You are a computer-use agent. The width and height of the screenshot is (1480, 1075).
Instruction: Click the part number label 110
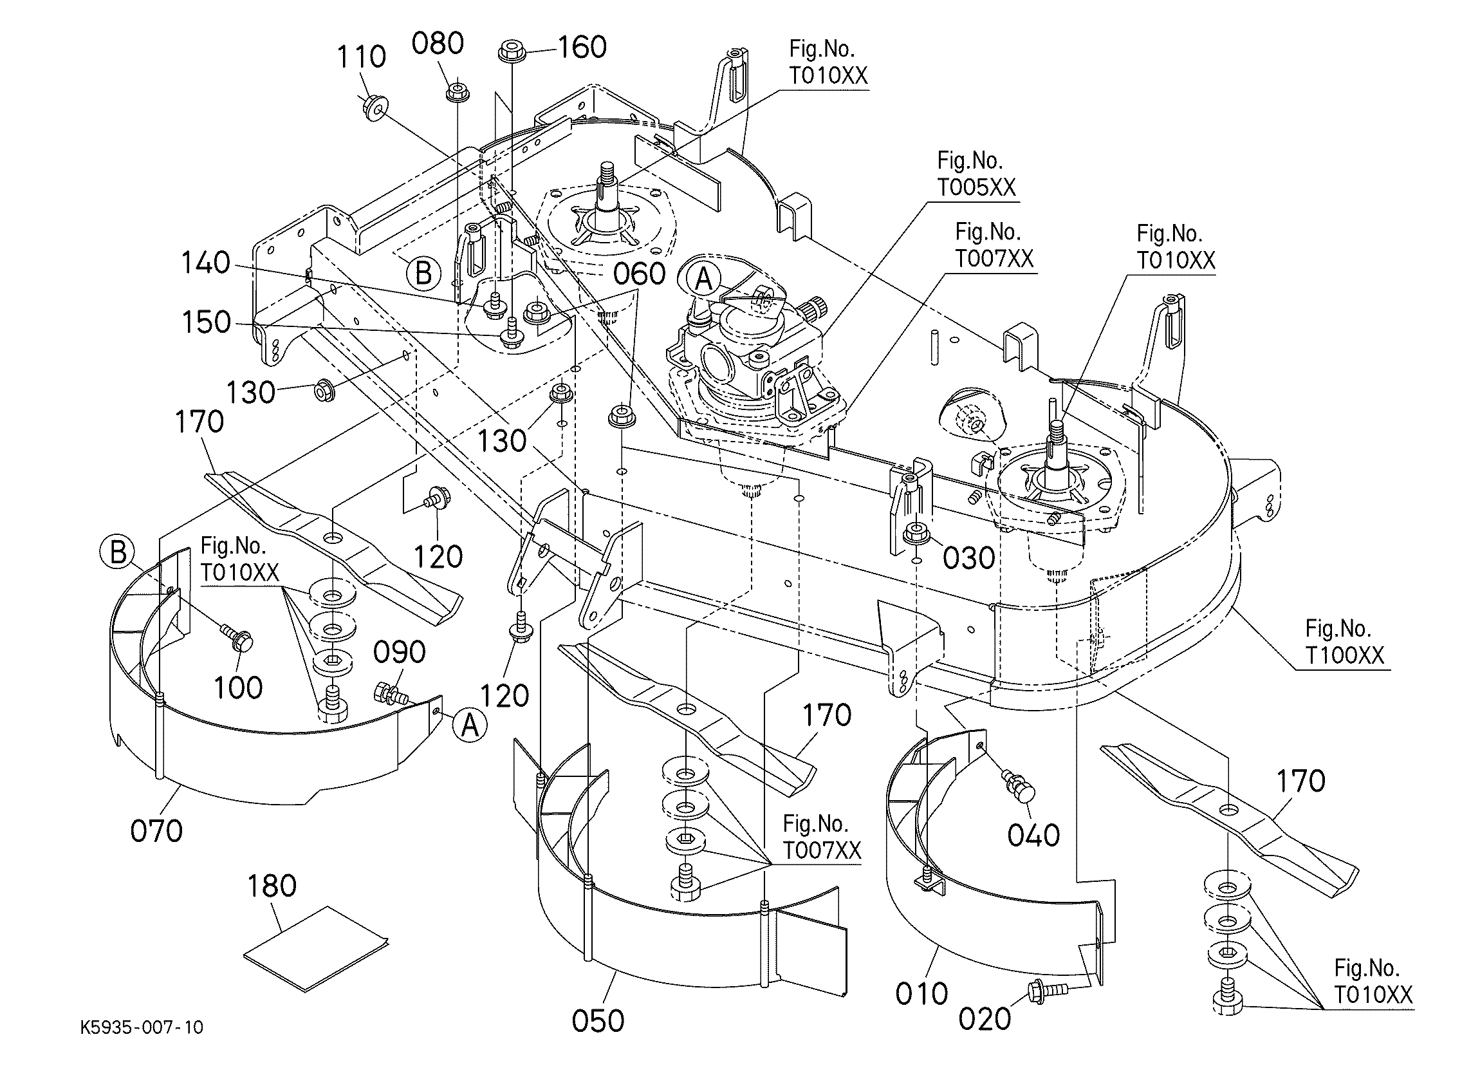click(362, 57)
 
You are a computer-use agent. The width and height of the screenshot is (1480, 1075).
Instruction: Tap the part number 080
click(438, 44)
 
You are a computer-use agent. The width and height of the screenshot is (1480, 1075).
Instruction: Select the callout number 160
click(582, 47)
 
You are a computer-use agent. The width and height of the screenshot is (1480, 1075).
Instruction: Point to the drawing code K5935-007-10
click(142, 1027)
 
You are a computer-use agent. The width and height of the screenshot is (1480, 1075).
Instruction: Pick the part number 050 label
click(598, 1022)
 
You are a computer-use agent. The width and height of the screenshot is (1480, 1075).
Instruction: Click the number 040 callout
click(1033, 835)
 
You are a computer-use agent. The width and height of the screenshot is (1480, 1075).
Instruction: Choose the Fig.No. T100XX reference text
click(1344, 642)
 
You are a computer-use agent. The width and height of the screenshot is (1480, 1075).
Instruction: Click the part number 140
click(205, 263)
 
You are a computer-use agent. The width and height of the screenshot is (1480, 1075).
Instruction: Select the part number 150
click(206, 322)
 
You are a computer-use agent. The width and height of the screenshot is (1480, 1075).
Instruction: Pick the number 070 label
click(156, 832)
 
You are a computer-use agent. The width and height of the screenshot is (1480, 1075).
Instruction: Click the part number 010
click(921, 994)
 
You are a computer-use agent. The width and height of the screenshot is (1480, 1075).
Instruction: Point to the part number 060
click(640, 274)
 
